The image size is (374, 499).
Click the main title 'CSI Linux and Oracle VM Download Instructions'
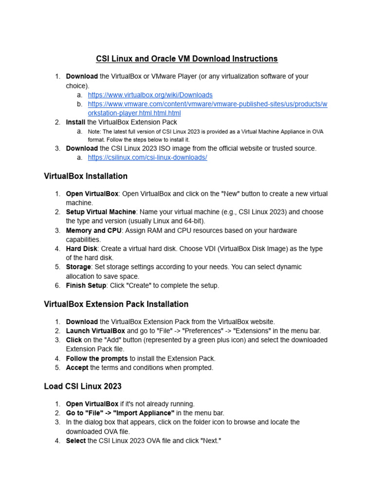point(187,59)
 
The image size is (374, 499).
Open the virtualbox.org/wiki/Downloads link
point(150,95)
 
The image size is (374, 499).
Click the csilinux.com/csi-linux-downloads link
point(147,157)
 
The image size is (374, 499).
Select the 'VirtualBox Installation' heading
point(86,176)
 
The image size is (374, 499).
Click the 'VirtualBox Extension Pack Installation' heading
point(116,304)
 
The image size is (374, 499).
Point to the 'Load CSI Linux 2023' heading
point(82,386)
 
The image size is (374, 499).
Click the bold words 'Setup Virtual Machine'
point(101,212)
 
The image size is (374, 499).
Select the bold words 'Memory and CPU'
point(93,230)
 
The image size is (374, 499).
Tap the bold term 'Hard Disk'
point(81,249)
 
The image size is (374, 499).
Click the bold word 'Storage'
point(78,267)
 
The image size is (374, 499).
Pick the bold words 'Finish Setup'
point(86,286)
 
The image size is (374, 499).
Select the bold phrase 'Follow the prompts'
point(97,359)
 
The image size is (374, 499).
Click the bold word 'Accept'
point(77,368)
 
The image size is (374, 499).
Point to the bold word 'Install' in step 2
point(75,122)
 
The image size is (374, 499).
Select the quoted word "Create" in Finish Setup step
point(141,286)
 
